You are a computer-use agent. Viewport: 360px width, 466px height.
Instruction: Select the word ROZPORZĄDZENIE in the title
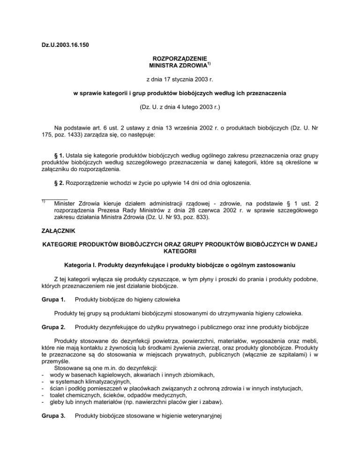pos(180,60)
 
